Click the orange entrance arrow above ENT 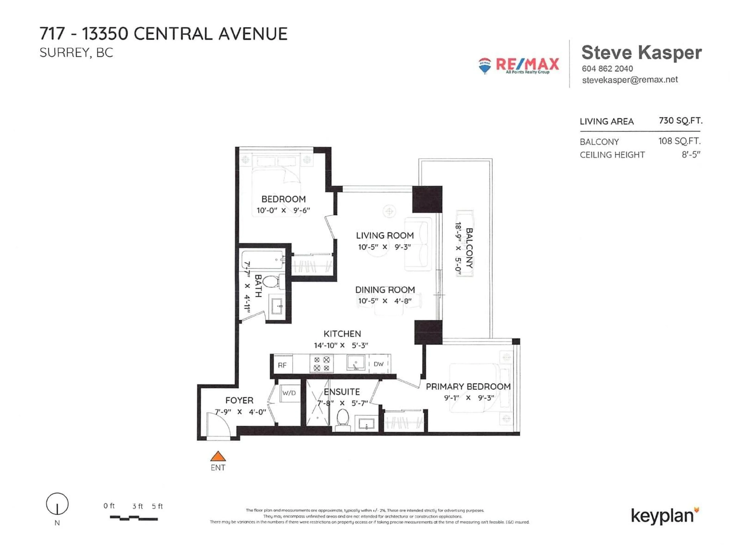coord(218,456)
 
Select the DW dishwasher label coord(379,364)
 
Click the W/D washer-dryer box coord(289,393)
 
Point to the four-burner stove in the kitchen coord(322,364)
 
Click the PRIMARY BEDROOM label coord(468,387)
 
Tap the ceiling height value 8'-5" coord(691,155)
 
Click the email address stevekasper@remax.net coord(630,80)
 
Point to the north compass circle coord(57,504)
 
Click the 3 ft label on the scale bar coord(137,506)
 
